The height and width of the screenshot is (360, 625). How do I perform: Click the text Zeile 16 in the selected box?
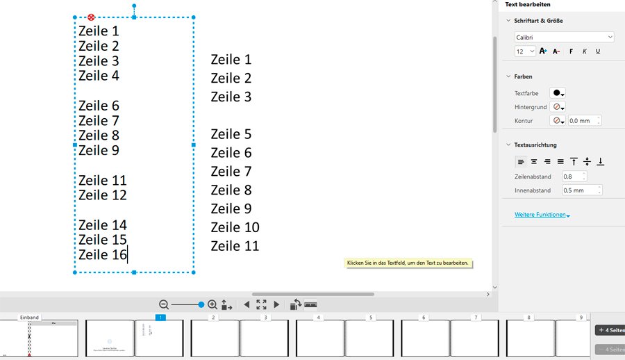pyautogui.click(x=103, y=255)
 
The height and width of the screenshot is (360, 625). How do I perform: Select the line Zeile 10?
pyautogui.click(x=235, y=227)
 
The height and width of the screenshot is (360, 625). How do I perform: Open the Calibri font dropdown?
pyautogui.click(x=564, y=37)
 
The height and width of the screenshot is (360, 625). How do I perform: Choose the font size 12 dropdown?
pyautogui.click(x=525, y=51)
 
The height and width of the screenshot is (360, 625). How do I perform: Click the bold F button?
pyautogui.click(x=571, y=51)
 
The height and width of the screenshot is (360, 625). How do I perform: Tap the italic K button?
pyautogui.click(x=585, y=51)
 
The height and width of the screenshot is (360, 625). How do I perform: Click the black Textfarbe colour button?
pyautogui.click(x=557, y=93)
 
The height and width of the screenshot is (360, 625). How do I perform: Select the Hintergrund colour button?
pyautogui.click(x=557, y=107)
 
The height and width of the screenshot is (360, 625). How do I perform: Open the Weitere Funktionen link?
pyautogui.click(x=542, y=215)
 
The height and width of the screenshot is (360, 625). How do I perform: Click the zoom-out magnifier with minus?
pyautogui.click(x=164, y=304)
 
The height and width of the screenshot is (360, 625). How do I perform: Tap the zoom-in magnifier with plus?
pyautogui.click(x=212, y=304)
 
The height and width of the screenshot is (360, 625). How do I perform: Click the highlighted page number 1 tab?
pyautogui.click(x=160, y=318)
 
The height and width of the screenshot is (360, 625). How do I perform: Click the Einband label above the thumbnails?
pyautogui.click(x=29, y=318)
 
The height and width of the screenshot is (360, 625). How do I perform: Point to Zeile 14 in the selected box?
pyautogui.click(x=103, y=225)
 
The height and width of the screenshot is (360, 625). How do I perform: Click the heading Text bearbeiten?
pyautogui.click(x=528, y=5)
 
